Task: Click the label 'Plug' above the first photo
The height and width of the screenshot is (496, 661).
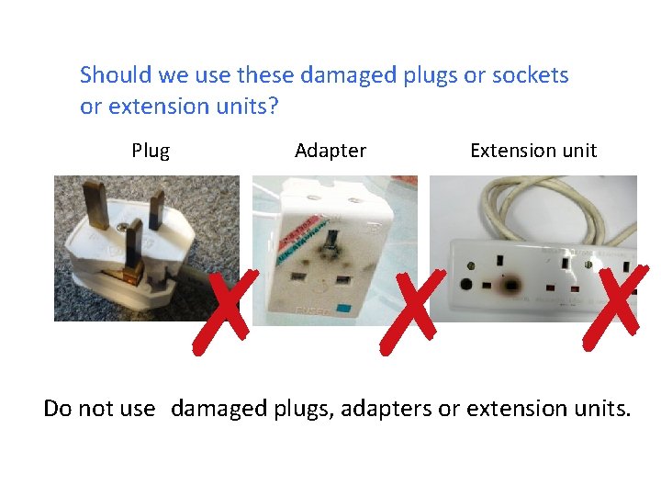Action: tap(151, 151)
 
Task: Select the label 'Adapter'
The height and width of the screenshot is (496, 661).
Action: tap(330, 151)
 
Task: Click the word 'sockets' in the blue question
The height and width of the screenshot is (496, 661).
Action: tap(531, 75)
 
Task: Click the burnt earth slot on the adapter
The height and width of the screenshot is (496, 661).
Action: tap(324, 245)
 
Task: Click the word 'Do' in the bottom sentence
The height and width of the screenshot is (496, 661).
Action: tap(57, 408)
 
